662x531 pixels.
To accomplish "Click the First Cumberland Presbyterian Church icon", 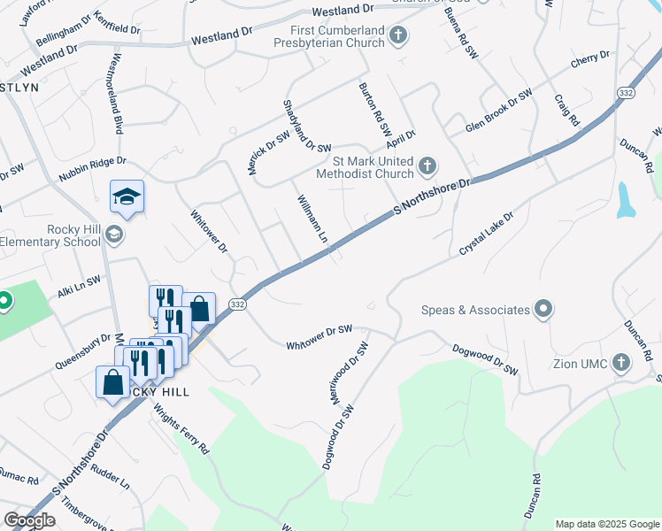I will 398,36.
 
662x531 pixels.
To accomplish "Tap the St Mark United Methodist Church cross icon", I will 427,165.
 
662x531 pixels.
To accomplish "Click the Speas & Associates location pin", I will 543,310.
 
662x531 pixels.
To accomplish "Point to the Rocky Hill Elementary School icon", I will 113,235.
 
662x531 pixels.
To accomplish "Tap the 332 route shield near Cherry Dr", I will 627,93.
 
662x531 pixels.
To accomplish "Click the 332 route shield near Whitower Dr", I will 236,304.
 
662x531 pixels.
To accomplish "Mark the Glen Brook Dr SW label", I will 499,112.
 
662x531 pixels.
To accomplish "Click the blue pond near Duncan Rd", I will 626,200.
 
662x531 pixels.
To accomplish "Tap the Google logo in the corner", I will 29,520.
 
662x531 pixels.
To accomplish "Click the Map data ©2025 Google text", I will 607,524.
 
